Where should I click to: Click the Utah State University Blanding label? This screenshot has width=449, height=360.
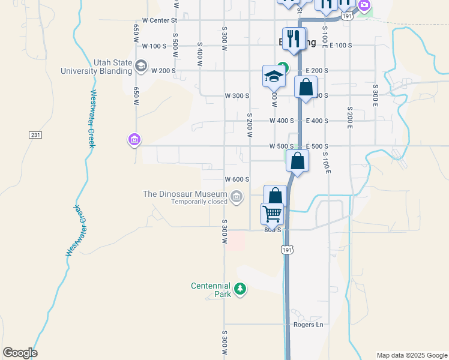click(96, 66)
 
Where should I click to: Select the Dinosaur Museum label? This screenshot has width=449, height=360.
click(185, 194)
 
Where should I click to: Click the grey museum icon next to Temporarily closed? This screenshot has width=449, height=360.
click(237, 196)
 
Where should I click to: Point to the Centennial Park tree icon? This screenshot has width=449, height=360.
click(240, 290)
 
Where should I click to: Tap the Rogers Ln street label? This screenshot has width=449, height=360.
click(308, 325)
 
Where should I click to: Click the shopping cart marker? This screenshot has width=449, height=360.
click(272, 214)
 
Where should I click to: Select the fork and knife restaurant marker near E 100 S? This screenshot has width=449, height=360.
click(293, 39)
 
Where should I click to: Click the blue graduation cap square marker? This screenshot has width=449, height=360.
click(273, 77)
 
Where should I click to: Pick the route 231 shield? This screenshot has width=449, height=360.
click(35, 135)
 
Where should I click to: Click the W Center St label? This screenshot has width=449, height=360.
click(160, 20)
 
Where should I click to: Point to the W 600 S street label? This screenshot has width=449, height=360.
click(237, 179)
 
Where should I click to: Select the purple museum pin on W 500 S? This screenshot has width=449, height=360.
click(134, 140)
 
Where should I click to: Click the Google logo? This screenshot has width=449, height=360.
click(20, 353)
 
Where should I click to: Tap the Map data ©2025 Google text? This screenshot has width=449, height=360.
click(411, 355)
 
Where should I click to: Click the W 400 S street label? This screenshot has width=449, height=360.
click(282, 121)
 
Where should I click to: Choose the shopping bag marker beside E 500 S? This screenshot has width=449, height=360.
click(297, 161)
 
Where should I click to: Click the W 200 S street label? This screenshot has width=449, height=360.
click(163, 70)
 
